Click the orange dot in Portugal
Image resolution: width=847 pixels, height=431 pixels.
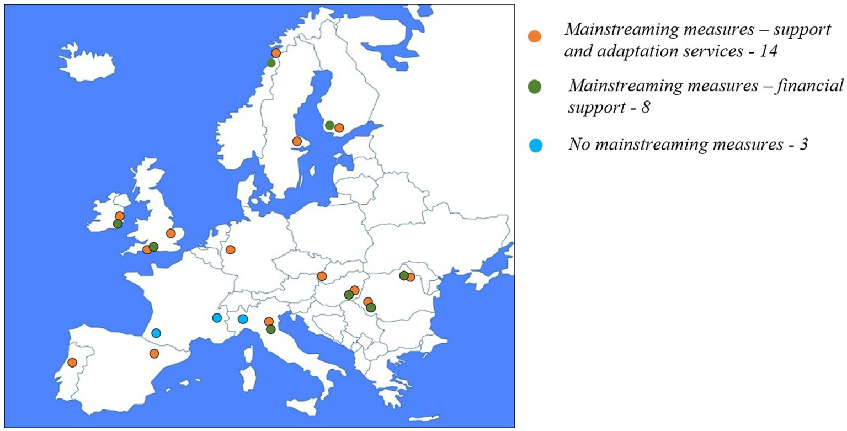72,362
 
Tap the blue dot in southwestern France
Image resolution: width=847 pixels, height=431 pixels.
156,333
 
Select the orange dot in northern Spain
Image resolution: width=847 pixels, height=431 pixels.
154,353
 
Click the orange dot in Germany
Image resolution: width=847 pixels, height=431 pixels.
230,249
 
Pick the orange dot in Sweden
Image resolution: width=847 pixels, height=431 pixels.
297,141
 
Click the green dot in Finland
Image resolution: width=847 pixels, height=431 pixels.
329,125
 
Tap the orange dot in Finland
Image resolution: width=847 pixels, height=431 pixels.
339,127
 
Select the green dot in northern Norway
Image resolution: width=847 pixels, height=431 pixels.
271,63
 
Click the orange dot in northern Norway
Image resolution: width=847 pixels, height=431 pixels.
276,53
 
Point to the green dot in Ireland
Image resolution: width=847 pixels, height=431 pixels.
118,224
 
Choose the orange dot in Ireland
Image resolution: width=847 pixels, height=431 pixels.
120,216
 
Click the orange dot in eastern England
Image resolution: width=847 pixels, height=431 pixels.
171,233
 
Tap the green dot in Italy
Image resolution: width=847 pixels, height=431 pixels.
270,329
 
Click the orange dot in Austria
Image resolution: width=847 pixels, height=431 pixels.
322,276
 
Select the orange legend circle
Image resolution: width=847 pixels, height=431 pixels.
535,36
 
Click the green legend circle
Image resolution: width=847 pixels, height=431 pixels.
535,86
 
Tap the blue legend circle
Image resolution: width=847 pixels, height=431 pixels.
535,146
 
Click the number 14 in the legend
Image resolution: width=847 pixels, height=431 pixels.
772,52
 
